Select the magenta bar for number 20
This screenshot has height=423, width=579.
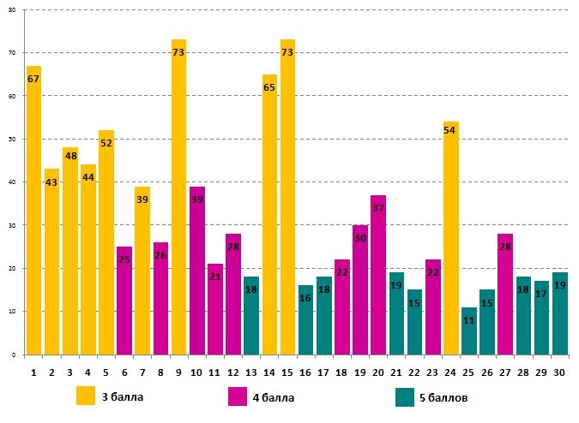tap(378, 274)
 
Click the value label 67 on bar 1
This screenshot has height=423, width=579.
tap(33, 79)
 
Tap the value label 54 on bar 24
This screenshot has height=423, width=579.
tap(450, 129)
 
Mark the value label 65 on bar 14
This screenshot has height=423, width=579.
tap(269, 87)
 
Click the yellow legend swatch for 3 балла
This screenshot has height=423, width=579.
tap(86, 396)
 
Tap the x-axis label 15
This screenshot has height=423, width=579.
tap(287, 372)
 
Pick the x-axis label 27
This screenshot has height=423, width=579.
tap(504, 372)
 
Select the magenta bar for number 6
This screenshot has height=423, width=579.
tap(124, 300)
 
